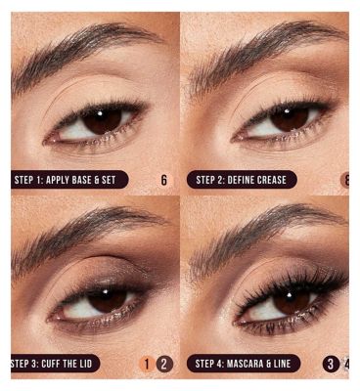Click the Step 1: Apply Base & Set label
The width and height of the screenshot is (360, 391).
(69, 180)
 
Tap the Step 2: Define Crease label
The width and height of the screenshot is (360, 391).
(242, 180)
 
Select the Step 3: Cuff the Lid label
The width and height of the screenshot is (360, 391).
(56, 364)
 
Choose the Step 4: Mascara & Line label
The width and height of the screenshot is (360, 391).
(244, 364)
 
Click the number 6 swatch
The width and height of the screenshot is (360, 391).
(163, 180)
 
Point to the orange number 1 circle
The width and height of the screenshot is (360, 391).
(147, 364)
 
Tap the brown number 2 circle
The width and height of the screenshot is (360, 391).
(164, 364)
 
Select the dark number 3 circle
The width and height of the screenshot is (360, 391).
(331, 364)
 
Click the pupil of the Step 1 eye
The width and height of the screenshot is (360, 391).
(102, 120)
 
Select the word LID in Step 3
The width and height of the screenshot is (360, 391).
(84, 364)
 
